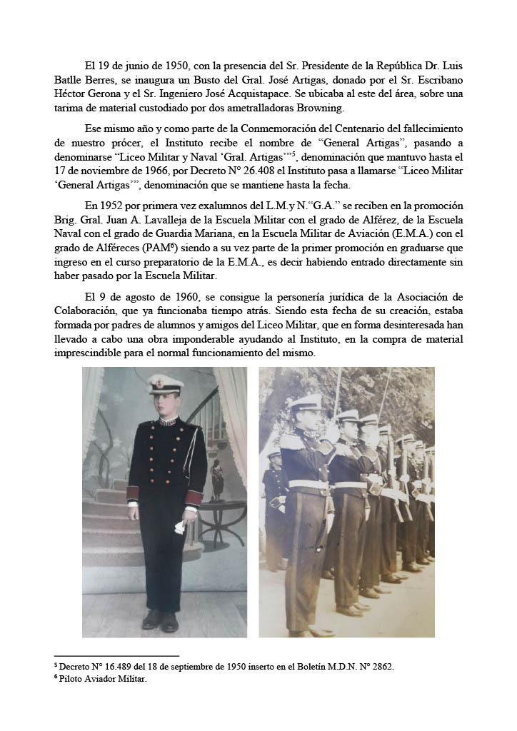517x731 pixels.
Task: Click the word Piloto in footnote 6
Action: coord(74,679)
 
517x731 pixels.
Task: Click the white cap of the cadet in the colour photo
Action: coord(166,385)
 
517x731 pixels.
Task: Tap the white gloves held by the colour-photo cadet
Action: coord(179,528)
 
